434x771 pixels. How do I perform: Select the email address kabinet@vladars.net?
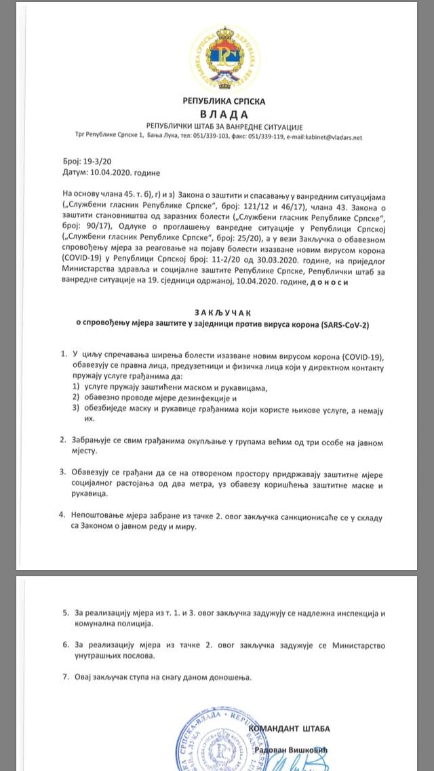pyautogui.click(x=326, y=137)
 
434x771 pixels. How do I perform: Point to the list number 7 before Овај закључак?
pyautogui.click(x=65, y=677)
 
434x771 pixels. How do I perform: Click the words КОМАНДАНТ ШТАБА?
pyautogui.click(x=290, y=729)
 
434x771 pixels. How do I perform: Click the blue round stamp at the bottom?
pyautogui.click(x=210, y=747)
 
